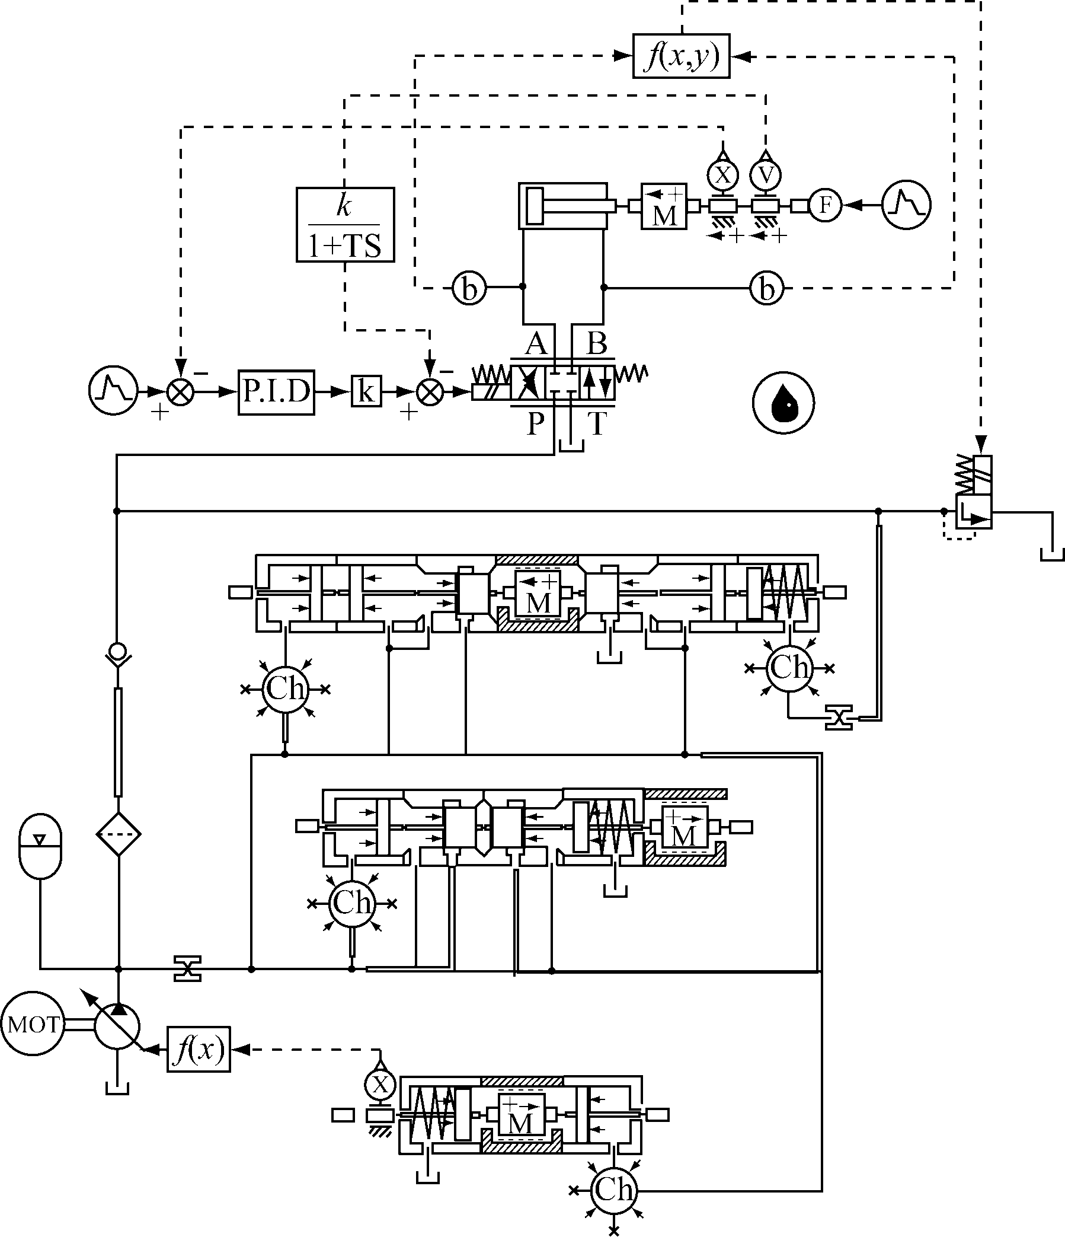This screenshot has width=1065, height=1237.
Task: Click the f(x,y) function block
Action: tap(681, 56)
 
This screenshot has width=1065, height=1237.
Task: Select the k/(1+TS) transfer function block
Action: tap(346, 225)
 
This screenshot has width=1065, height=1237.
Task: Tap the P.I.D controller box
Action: tap(276, 392)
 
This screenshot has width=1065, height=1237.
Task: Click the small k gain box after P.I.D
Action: tap(366, 391)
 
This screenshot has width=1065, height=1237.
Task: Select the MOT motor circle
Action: tap(33, 1025)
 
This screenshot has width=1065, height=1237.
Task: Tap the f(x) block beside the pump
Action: tap(199, 1049)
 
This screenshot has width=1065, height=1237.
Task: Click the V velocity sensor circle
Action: tap(766, 175)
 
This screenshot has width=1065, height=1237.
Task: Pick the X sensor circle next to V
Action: tap(722, 175)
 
